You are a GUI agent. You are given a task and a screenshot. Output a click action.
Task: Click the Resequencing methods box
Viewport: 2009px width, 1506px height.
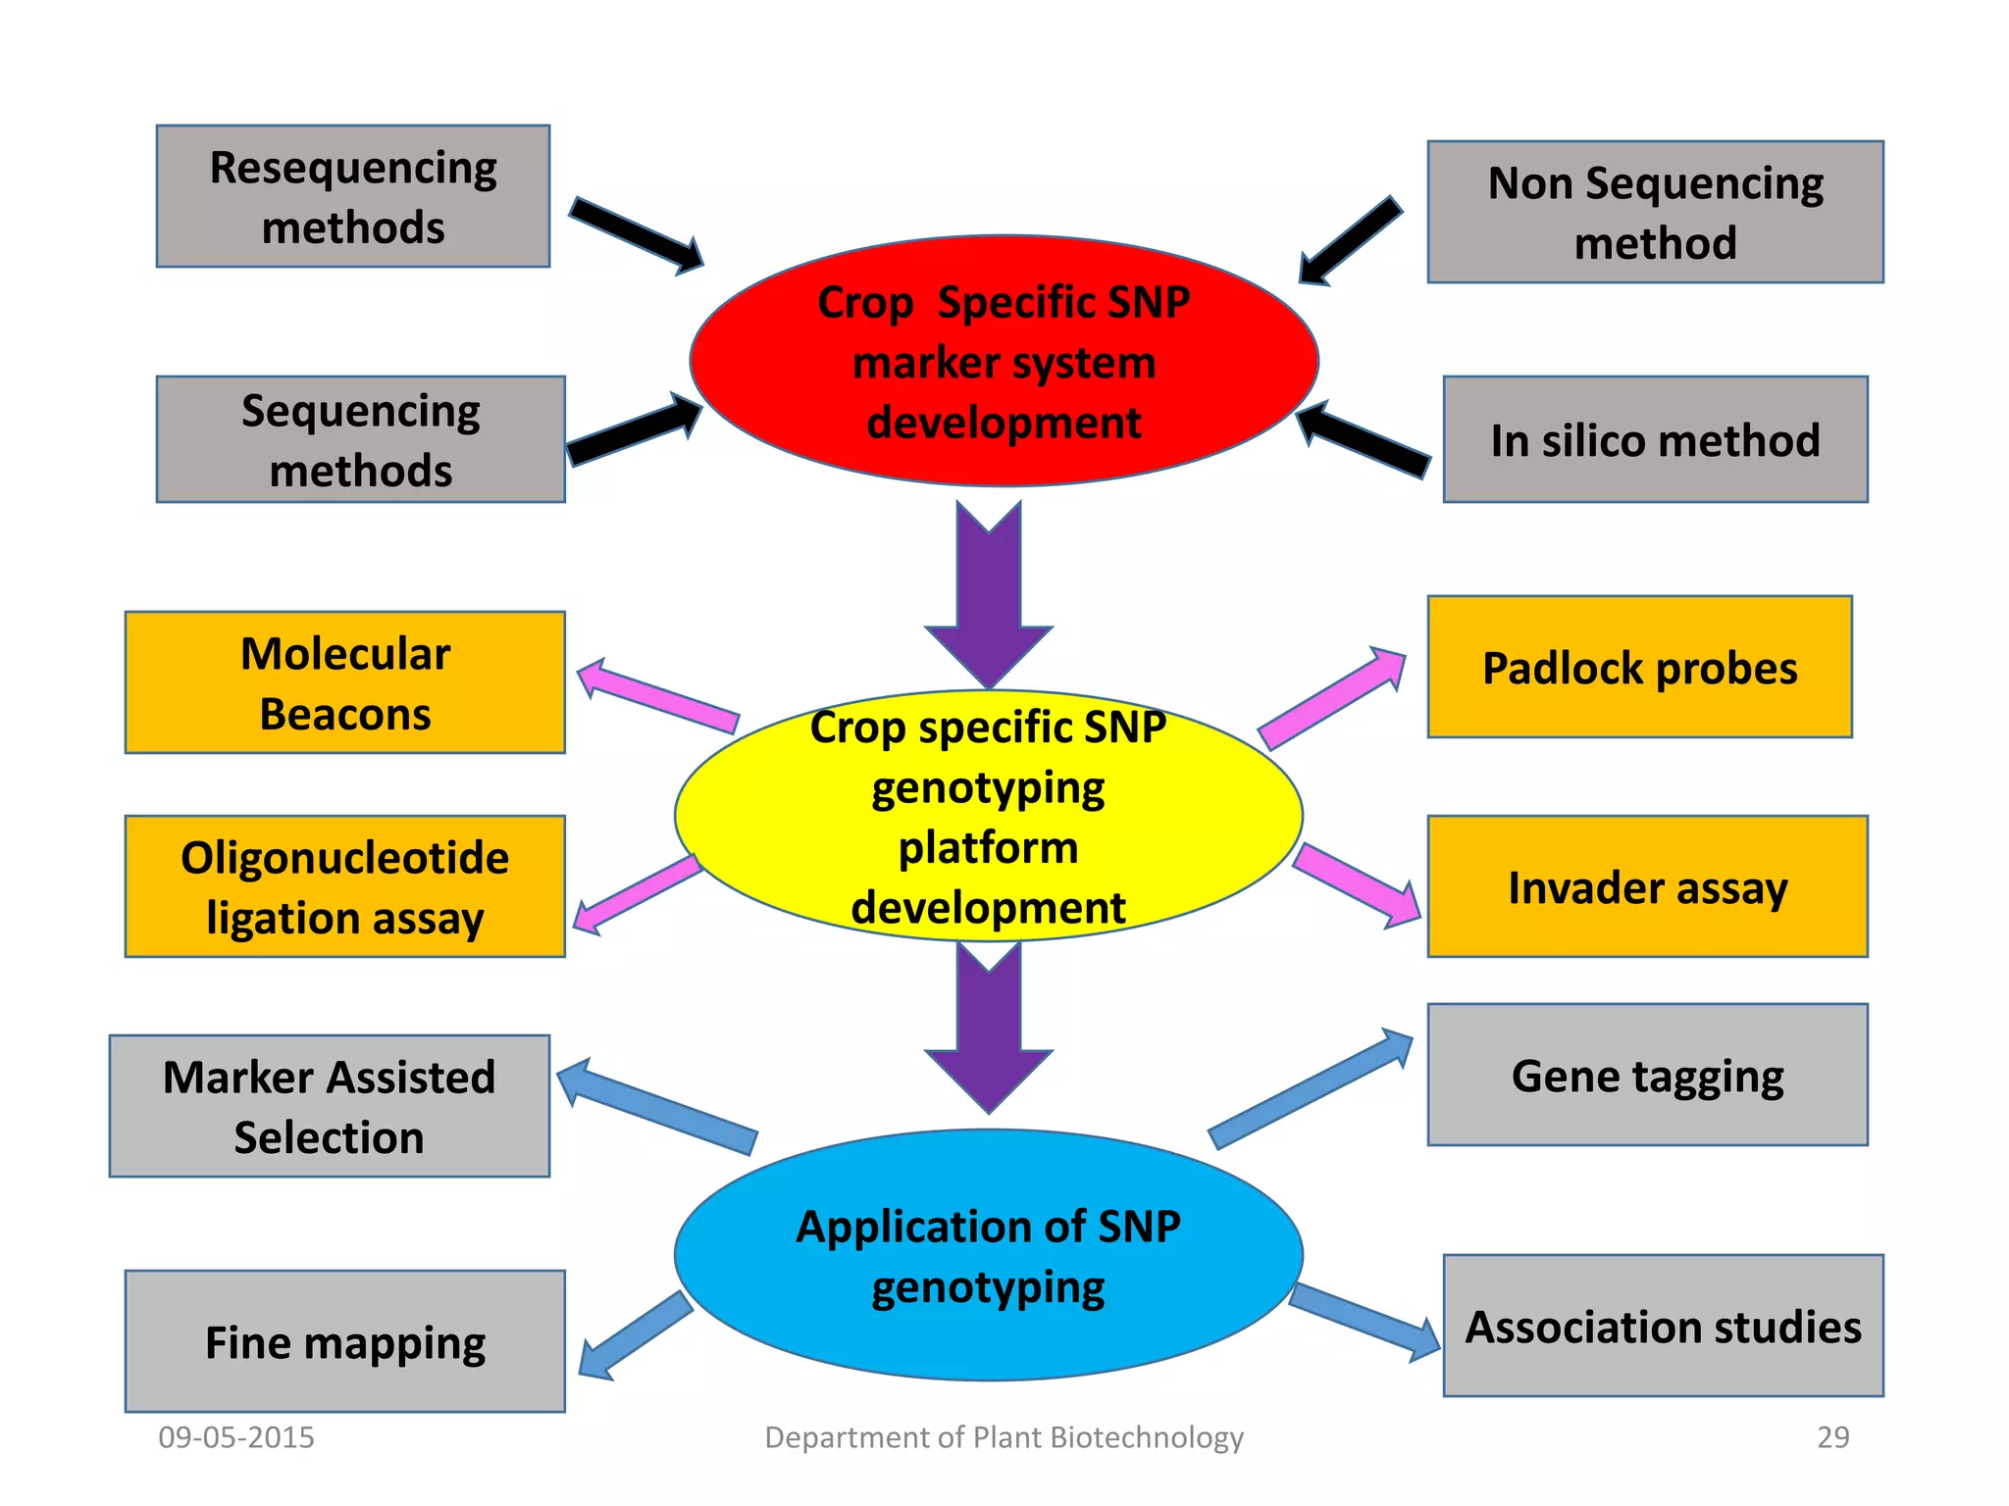353,196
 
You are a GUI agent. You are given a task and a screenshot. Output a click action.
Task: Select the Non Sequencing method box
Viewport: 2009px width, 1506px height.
1655,212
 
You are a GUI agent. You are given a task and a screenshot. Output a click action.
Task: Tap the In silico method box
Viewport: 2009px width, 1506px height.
1655,439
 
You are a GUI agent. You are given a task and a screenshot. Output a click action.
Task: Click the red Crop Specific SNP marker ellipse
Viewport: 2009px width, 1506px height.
1004,361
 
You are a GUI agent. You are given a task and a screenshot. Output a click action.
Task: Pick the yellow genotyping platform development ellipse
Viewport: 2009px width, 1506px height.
988,816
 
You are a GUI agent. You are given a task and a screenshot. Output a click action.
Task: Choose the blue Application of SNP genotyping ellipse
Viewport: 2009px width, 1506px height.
988,1255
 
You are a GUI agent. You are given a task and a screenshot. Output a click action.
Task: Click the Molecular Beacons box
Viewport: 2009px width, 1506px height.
345,682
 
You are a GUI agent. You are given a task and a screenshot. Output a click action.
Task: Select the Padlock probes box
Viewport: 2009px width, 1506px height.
1639,667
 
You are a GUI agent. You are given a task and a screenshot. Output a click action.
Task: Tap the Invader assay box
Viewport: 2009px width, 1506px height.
1647,886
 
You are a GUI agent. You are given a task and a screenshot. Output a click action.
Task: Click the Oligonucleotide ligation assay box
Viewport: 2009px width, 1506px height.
345,886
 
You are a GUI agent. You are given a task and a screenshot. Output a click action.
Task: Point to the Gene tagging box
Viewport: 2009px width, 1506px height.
1647,1075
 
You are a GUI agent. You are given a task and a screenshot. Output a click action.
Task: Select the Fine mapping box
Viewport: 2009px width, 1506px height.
345,1341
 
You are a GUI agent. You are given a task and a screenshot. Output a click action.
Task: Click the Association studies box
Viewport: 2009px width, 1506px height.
1663,1326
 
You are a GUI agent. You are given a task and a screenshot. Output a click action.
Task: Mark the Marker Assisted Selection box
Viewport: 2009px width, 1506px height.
330,1106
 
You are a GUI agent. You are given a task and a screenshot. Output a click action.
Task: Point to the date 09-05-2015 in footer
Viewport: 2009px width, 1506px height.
236,1437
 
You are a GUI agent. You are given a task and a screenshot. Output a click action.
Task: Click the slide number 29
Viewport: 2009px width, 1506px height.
1832,1437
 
